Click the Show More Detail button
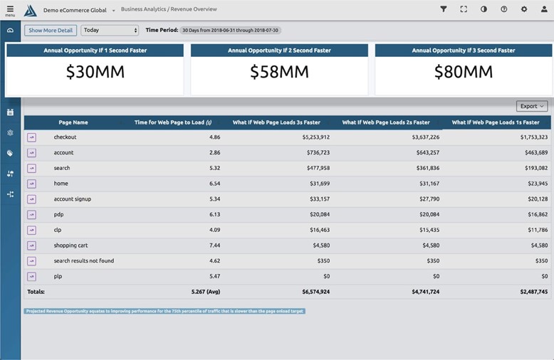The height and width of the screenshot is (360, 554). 51,31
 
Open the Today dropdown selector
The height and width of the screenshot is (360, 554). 110,31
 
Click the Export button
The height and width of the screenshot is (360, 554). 532,106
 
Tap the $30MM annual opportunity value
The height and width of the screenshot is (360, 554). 95,72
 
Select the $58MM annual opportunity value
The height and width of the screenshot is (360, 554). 279,72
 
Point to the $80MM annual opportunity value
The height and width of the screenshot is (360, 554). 464,72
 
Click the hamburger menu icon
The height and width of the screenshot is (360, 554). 10,9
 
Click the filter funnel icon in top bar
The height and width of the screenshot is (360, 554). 444,9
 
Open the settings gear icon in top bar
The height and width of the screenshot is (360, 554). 524,9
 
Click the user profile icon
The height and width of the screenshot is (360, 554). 544,9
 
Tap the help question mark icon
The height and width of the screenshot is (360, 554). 504,9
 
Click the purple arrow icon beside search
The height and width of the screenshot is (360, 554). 31,168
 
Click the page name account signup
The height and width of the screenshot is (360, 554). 73,199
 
